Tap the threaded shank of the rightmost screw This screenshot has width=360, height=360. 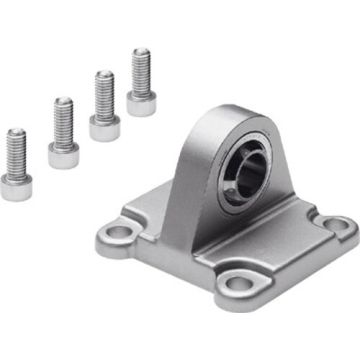tap(141, 68)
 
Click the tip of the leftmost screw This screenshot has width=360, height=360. tap(15, 131)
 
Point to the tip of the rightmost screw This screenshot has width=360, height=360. tap(141, 51)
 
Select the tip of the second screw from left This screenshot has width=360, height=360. tap(63, 100)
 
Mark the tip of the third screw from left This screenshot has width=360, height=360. tap(103, 74)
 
